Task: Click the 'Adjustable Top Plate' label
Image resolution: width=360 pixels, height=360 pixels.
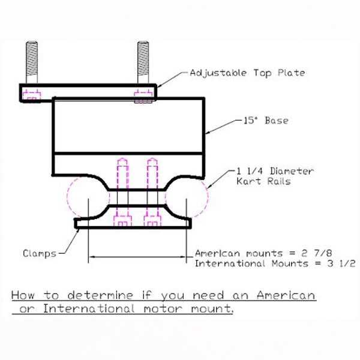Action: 247,73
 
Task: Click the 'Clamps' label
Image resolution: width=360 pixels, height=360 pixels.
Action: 40,253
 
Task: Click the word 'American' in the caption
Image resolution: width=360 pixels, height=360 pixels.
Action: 286,296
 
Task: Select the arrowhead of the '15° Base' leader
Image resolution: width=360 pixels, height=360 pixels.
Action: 207,132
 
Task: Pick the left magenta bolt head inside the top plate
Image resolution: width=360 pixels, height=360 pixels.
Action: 31,95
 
